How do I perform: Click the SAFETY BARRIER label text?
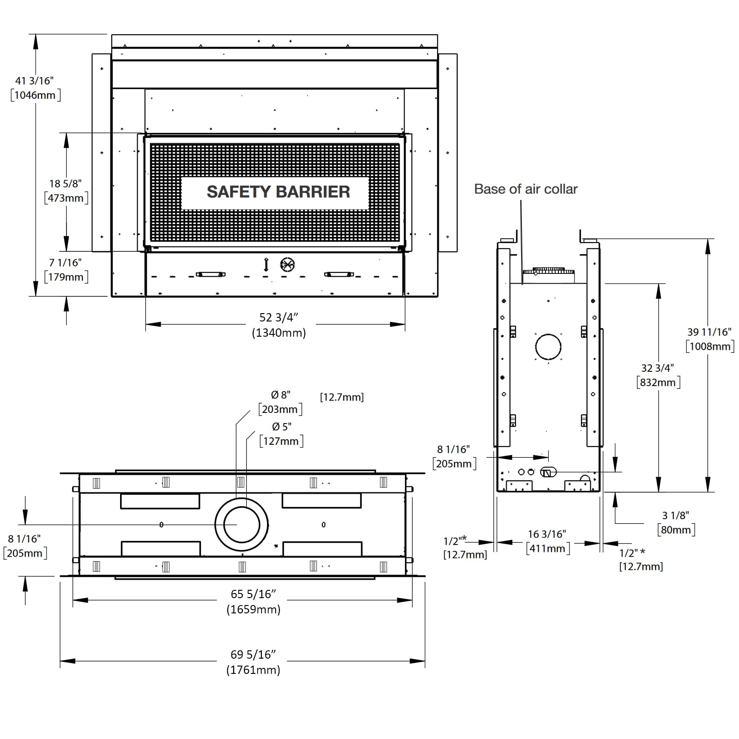click(278, 192)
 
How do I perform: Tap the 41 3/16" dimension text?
click(35, 80)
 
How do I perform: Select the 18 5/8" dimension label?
click(66, 183)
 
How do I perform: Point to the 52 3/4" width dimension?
click(279, 317)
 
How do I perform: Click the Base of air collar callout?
click(526, 189)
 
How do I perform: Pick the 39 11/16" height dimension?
click(709, 332)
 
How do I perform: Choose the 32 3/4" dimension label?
click(658, 368)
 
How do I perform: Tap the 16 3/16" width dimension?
click(547, 534)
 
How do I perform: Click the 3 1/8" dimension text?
click(675, 515)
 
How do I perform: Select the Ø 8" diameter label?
click(281, 394)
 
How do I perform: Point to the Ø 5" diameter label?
click(281, 426)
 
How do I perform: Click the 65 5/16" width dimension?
click(254, 594)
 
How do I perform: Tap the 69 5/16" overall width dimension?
click(253, 654)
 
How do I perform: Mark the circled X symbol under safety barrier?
click(287, 265)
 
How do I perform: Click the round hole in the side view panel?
click(548, 346)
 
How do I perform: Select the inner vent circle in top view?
click(241, 525)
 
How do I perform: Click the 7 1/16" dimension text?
click(66, 262)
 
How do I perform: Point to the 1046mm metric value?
click(35, 95)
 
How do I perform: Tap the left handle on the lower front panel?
click(211, 274)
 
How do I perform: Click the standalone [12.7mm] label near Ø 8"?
click(342, 397)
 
